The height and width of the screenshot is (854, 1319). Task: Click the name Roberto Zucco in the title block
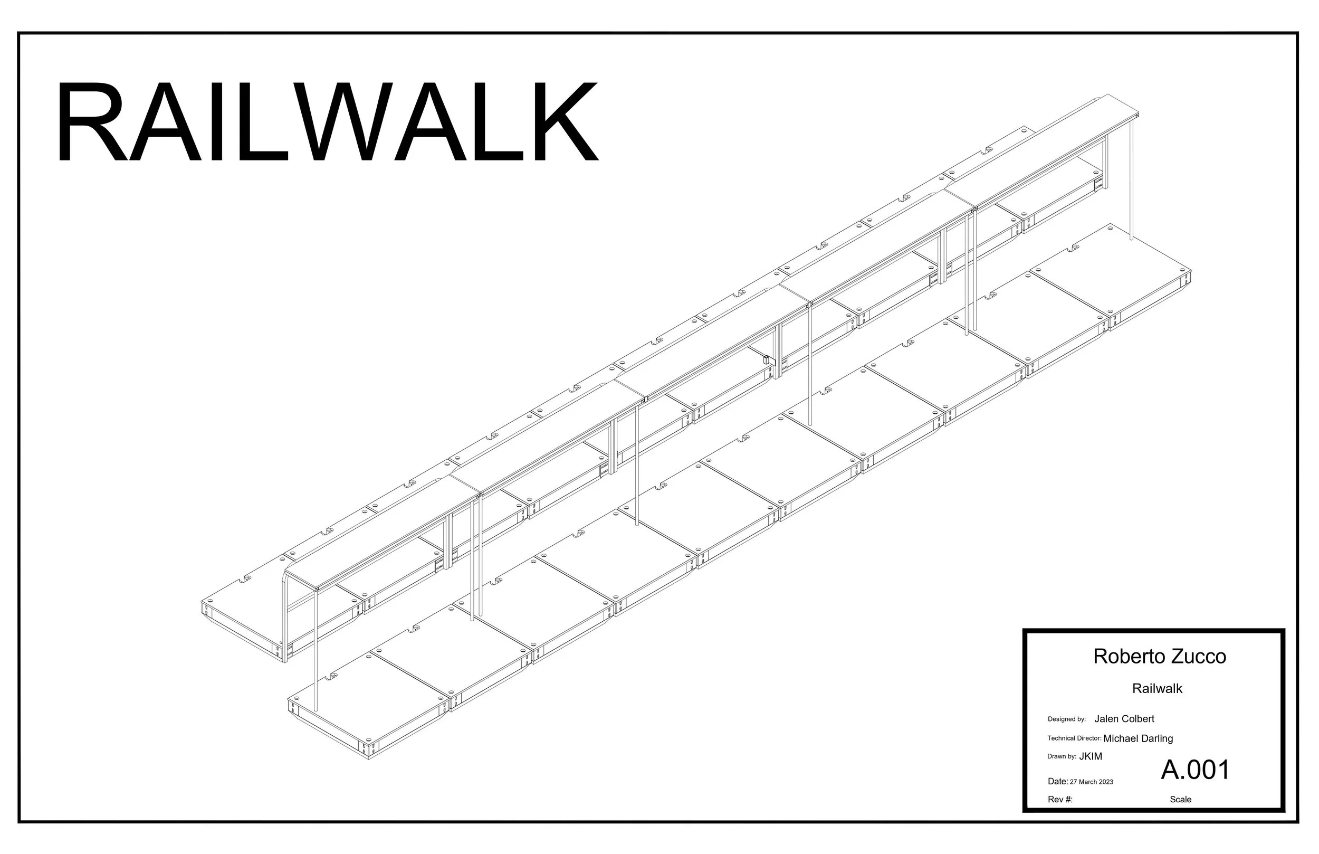pos(1159,657)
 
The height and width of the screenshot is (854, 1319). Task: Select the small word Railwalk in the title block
pos(1157,689)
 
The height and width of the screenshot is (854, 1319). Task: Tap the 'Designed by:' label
pos(1066,719)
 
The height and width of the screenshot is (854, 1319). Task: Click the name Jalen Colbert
pos(1124,719)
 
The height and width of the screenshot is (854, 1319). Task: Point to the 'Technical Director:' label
pos(1074,738)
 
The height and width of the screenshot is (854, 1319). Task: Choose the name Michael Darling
pos(1139,738)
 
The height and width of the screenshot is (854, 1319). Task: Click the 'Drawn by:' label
pos(1062,756)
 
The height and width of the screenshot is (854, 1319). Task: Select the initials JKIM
pos(1091,756)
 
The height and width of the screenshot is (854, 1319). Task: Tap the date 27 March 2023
pos(1091,782)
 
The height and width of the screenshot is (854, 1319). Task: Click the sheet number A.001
pos(1196,770)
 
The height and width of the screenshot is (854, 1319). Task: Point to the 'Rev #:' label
pos(1060,800)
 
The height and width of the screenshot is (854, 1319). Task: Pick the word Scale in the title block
pos(1180,800)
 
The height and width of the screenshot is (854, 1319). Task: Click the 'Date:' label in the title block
pos(1058,781)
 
